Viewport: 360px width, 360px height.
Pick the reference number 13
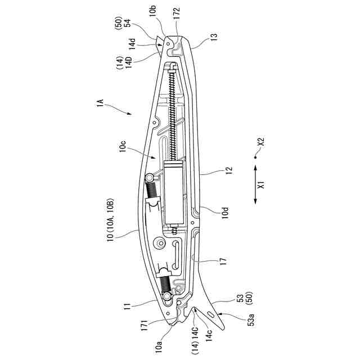213,37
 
